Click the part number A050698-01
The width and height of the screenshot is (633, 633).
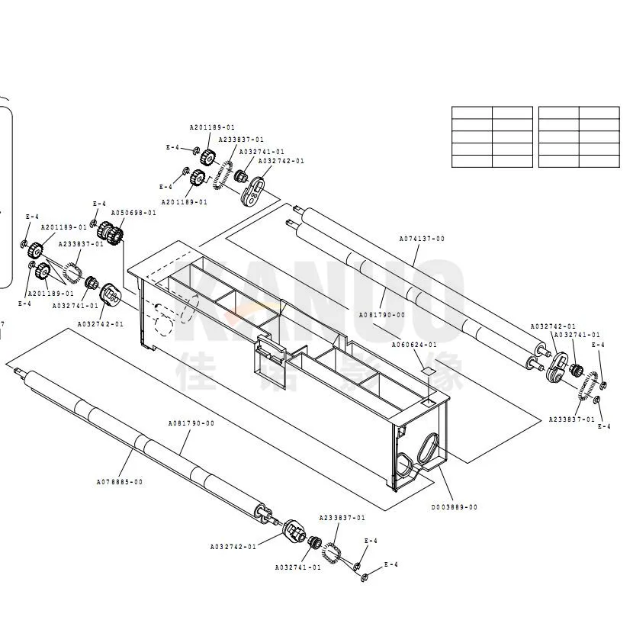click(133, 213)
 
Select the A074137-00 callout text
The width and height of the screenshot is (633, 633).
click(422, 239)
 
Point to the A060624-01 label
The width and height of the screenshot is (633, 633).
click(414, 345)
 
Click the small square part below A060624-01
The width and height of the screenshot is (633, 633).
click(429, 371)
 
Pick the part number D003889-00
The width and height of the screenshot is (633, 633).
click(455, 507)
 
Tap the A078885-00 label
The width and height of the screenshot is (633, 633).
click(119, 482)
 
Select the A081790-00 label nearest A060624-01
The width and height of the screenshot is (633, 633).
click(382, 314)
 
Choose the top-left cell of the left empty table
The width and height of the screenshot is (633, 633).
click(471, 113)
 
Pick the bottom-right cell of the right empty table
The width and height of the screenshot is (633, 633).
click(599, 161)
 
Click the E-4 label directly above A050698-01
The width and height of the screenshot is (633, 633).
click(99, 204)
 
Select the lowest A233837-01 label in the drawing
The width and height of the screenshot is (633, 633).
click(342, 518)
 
